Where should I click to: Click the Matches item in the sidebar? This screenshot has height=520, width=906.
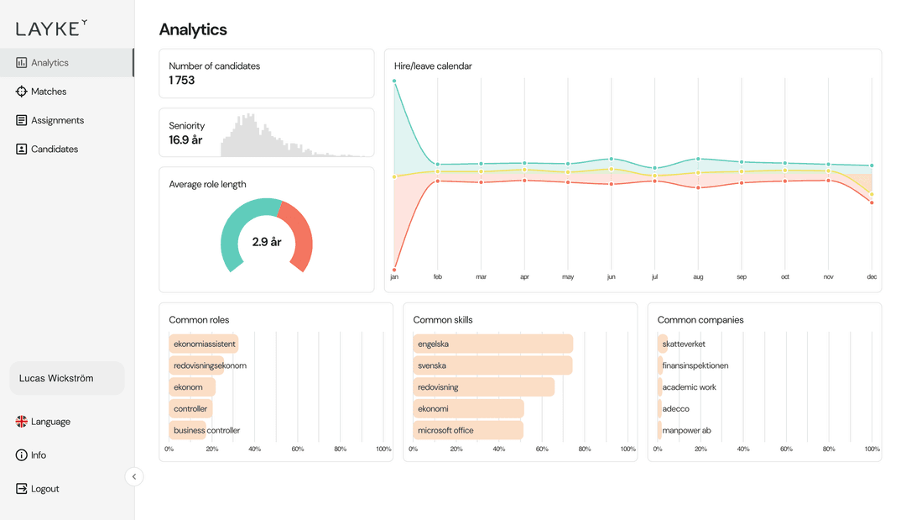pyautogui.click(x=49, y=92)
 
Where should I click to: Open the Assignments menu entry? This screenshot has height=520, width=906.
pyautogui.click(x=57, y=120)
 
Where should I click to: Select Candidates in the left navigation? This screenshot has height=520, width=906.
pyautogui.click(x=54, y=149)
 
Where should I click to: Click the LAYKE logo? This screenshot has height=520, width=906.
pyautogui.click(x=51, y=28)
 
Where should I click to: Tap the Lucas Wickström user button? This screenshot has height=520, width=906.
pyautogui.click(x=67, y=378)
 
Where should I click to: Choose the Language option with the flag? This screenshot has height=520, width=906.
pyautogui.click(x=50, y=422)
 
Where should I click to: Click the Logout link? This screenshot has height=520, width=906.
pyautogui.click(x=44, y=489)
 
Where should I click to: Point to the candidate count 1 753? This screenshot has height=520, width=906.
pyautogui.click(x=182, y=81)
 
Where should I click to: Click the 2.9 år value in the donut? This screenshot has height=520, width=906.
pyautogui.click(x=267, y=242)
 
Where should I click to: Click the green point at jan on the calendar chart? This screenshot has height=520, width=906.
pyautogui.click(x=394, y=81)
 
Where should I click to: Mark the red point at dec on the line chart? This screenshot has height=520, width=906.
pyautogui.click(x=872, y=202)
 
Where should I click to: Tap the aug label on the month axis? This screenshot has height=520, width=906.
pyautogui.click(x=698, y=276)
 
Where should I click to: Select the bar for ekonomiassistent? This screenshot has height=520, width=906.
pyautogui.click(x=204, y=344)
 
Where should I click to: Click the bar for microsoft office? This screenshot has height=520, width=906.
pyautogui.click(x=468, y=430)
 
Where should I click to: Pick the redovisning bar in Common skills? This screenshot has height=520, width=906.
pyautogui.click(x=484, y=387)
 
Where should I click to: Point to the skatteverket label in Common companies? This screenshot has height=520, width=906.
pyautogui.click(x=684, y=344)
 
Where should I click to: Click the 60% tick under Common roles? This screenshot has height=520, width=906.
pyautogui.click(x=298, y=449)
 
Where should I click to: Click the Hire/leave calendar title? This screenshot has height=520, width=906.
pyautogui.click(x=433, y=66)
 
